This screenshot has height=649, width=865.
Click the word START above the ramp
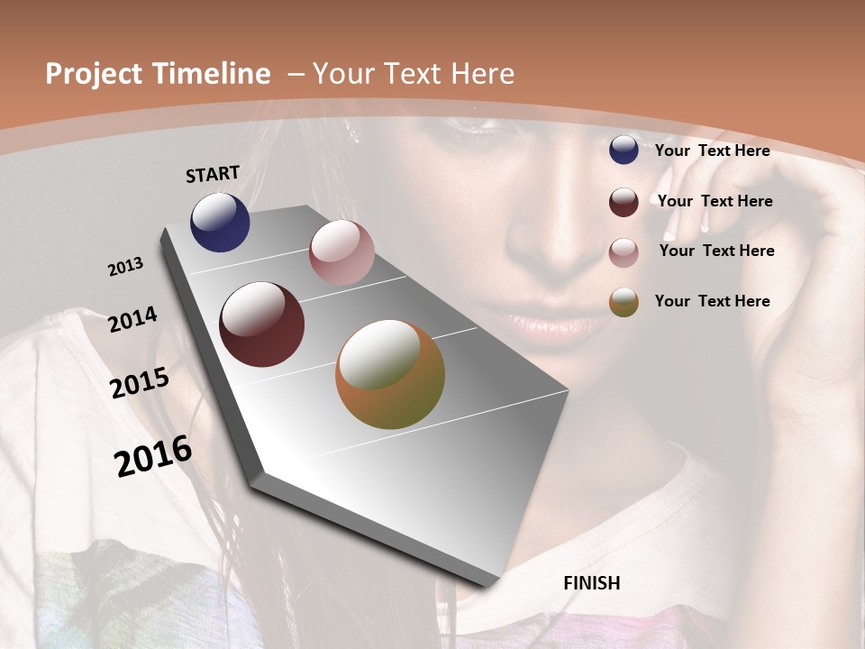(213, 174)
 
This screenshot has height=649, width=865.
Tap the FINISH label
(592, 583)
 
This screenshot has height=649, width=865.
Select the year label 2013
(125, 267)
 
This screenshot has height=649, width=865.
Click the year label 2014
(132, 319)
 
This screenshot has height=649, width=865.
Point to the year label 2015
(140, 383)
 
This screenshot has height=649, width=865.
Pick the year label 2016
(153, 456)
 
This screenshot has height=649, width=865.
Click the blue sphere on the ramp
(220, 223)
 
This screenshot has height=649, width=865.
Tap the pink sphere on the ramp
(341, 252)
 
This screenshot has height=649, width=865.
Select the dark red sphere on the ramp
(262, 324)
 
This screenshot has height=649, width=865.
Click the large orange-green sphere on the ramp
(390, 374)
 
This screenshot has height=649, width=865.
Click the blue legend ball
(624, 151)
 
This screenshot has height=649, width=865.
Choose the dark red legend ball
(624, 202)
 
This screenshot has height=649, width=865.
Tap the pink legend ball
(624, 252)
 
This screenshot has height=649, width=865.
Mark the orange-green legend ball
(624, 303)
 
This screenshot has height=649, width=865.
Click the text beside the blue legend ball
(712, 151)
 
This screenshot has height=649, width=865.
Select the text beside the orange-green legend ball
(712, 301)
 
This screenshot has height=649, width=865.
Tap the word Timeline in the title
(211, 74)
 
